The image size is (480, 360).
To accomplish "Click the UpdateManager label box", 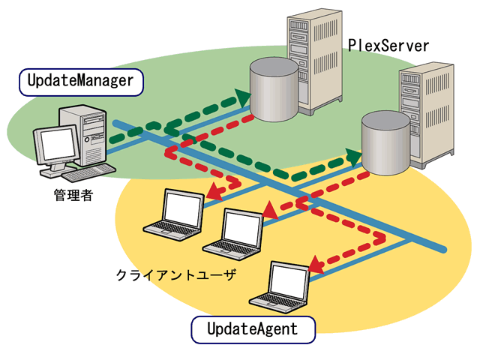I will point(80,81).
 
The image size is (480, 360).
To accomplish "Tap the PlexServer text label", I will point(388,46).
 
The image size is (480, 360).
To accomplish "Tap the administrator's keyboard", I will point(88,173).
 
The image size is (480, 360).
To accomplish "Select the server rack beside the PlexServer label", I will point(314,60).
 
